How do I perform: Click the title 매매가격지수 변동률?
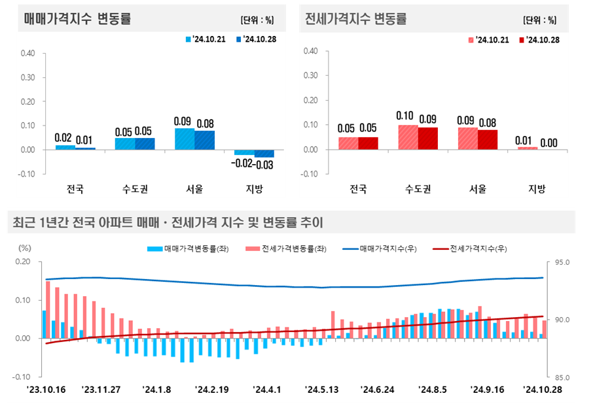[77, 19]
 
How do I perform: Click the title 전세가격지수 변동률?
[356, 19]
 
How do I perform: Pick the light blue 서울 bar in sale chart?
[184, 139]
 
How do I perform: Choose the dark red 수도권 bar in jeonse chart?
[428, 138]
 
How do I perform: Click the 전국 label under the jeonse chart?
[357, 190]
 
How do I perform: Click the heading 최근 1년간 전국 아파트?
[168, 223]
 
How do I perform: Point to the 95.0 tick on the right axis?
[562, 263]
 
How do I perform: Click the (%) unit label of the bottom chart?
[25, 248]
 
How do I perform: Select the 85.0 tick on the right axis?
[562, 377]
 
